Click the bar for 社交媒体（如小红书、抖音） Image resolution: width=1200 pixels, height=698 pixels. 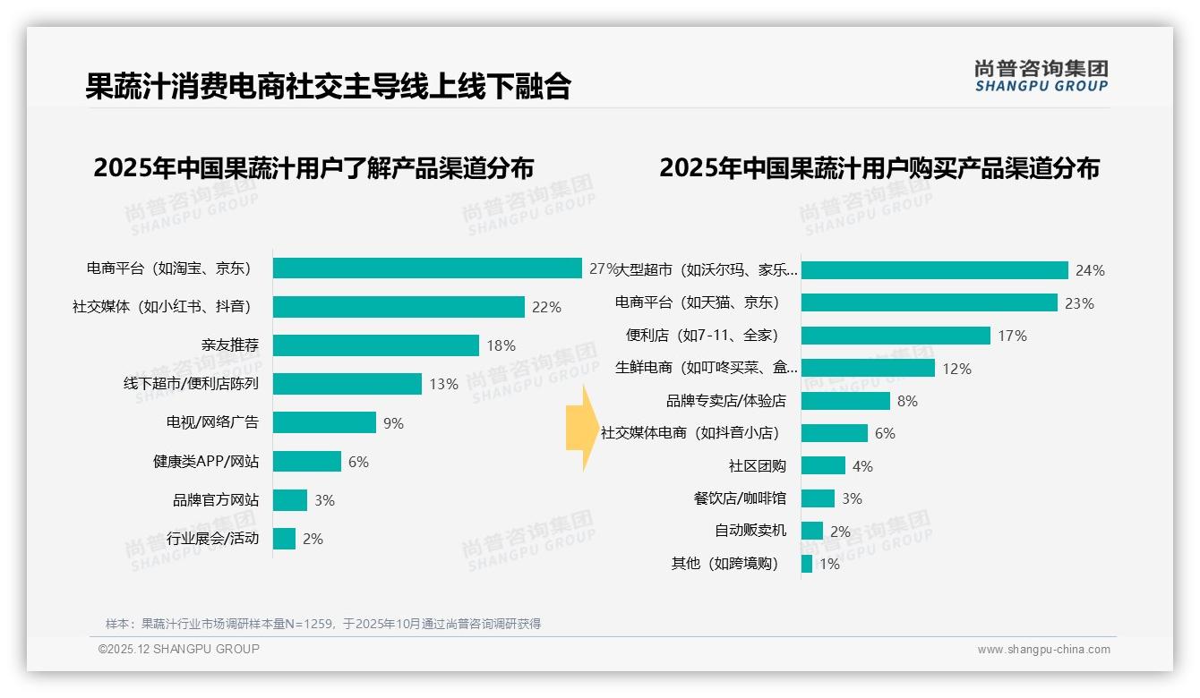point(399,307)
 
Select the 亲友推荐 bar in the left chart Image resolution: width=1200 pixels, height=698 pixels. point(376,345)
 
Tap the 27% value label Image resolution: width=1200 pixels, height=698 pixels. point(602,268)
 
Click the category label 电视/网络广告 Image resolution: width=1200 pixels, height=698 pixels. point(212,422)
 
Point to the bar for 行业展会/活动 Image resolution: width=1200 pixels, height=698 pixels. point(284,539)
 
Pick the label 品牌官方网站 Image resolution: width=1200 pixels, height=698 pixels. point(216,500)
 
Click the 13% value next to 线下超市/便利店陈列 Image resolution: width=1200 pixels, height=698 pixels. point(443,384)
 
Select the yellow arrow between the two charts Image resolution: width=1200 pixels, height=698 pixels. point(580,428)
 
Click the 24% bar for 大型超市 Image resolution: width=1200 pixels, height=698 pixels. point(934,270)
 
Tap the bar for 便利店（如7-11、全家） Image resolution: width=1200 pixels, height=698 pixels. point(896,336)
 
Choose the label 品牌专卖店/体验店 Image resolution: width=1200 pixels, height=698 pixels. point(725,401)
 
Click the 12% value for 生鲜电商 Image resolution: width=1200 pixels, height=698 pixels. point(956,369)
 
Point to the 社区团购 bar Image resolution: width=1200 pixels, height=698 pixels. point(823,465)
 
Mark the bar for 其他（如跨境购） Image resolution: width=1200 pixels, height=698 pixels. point(807,564)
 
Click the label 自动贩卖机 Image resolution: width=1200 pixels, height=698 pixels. point(750,531)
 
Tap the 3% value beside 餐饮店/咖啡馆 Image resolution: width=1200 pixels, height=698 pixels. point(852,498)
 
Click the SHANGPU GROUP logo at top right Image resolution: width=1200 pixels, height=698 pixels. point(1041,76)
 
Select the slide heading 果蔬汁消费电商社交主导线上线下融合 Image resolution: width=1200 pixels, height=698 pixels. point(328,87)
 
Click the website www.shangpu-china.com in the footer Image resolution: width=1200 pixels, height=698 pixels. point(1043,650)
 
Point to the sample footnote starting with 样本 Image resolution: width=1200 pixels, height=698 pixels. point(323,624)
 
